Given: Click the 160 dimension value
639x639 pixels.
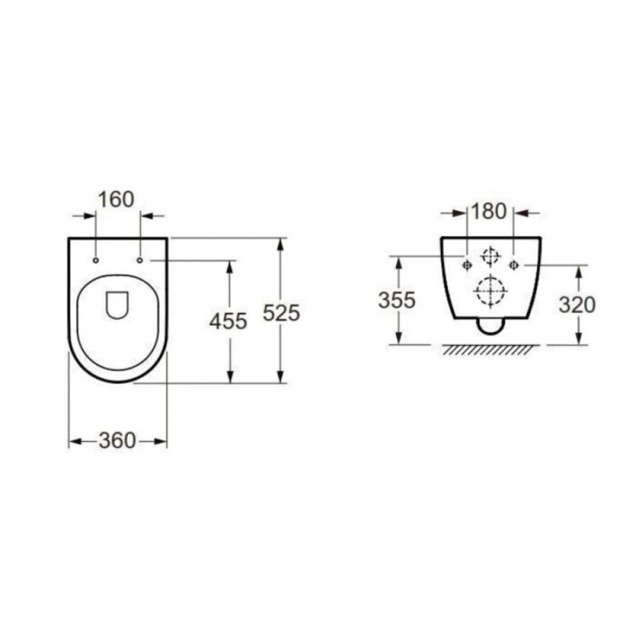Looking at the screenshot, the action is tap(116, 199).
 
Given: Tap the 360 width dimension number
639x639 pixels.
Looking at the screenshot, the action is tap(117, 441).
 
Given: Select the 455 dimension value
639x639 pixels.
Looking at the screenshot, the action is tap(228, 321).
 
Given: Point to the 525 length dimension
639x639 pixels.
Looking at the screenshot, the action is tap(281, 313).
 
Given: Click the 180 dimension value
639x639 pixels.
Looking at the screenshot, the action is tap(489, 211).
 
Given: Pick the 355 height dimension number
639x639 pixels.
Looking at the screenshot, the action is tap(397, 300).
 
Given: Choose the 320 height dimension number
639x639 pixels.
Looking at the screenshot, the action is tap(577, 304).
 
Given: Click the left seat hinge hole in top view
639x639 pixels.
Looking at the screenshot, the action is tap(96, 260).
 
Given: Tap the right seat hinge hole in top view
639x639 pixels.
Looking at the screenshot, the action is tap(140, 260).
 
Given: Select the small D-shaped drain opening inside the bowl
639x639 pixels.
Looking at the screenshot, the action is tap(117, 305).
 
